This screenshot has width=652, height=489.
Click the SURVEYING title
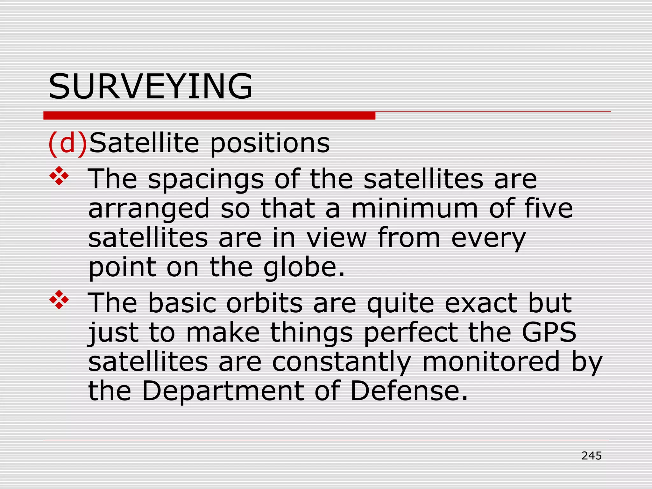150,86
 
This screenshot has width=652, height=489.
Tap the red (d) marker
67,143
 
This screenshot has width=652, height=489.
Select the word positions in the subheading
270,143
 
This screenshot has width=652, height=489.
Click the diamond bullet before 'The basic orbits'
59,300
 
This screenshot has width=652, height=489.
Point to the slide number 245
592,456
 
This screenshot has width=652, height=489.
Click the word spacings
206,179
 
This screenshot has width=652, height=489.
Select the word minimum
415,208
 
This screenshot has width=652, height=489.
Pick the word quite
400,303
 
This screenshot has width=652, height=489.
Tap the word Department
223,391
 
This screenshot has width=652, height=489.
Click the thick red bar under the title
209,116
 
